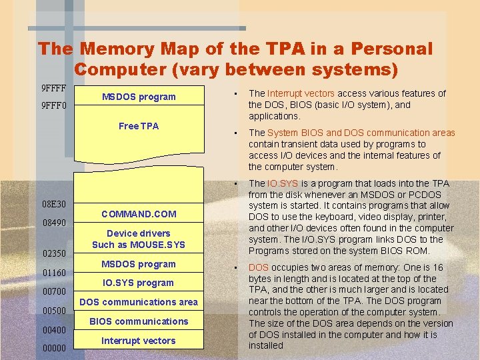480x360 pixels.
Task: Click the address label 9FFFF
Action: tap(54, 88)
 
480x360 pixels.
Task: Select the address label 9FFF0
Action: tap(54, 105)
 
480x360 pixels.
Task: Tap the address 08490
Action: tap(54, 223)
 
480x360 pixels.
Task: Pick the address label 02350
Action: tap(54, 254)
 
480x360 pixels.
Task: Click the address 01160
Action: tap(54, 273)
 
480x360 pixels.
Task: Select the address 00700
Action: tap(54, 292)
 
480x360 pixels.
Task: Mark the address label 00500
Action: tap(54, 311)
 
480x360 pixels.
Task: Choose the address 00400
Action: tap(54, 330)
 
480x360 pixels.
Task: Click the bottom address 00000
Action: tap(54, 349)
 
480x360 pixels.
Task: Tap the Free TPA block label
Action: tap(139, 126)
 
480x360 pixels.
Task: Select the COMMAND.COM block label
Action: tap(139, 214)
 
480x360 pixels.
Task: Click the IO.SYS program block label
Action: tap(139, 283)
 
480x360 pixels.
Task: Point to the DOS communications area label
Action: tap(139, 302)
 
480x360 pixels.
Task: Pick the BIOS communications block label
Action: tap(139, 321)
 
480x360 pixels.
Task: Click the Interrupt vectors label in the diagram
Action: tap(139, 341)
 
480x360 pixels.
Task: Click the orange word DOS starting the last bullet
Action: tap(259, 267)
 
